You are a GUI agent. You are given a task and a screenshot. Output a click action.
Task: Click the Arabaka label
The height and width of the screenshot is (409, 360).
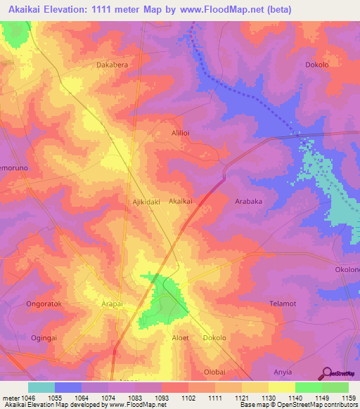point(248,200)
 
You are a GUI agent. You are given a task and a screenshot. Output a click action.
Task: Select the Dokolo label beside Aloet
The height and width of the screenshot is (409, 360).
point(214,337)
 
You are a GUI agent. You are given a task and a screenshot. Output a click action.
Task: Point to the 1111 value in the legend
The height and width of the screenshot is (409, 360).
point(214,398)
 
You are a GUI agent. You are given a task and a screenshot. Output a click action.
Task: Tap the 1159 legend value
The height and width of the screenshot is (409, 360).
point(349,398)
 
